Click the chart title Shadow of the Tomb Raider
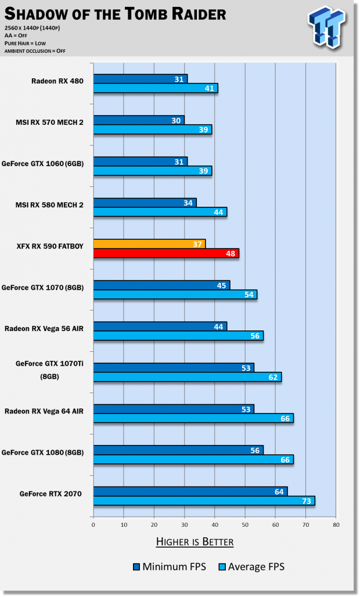114,13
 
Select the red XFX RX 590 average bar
166,253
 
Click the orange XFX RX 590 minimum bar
149,244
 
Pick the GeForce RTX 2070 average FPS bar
204,501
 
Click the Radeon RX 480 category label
57,81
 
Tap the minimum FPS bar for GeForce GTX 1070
161,285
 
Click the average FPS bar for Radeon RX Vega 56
178,336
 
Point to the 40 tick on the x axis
214,524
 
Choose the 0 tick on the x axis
93,524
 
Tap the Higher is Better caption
195,542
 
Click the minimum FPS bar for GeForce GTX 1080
178,450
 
